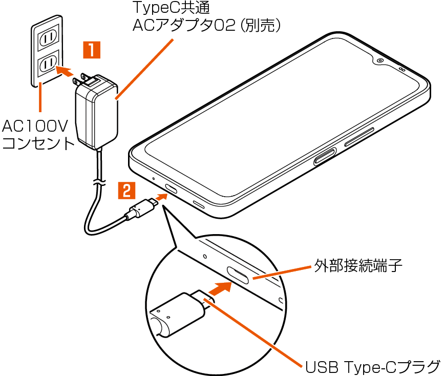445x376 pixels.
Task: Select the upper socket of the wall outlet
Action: pyautogui.click(x=49, y=37)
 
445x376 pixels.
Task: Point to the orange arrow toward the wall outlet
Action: pyautogui.click(x=65, y=71)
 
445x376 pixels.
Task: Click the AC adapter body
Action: pyautogui.click(x=96, y=111)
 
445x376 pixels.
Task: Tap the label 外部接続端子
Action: pyautogui.click(x=358, y=265)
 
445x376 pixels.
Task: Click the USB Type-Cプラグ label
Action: pyautogui.click(x=372, y=366)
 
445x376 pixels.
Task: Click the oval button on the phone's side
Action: pyautogui.click(x=324, y=156)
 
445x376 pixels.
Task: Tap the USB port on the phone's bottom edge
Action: pyautogui.click(x=171, y=189)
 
